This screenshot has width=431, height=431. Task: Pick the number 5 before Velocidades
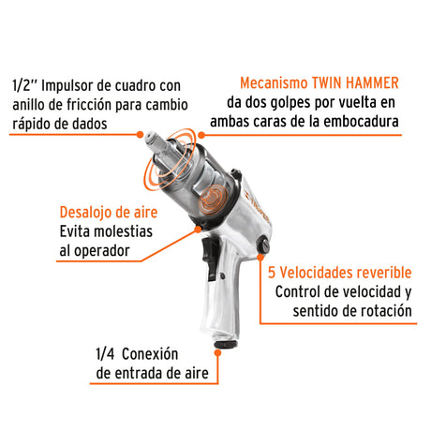tap(272, 273)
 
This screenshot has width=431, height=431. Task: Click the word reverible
tap(380, 273)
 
